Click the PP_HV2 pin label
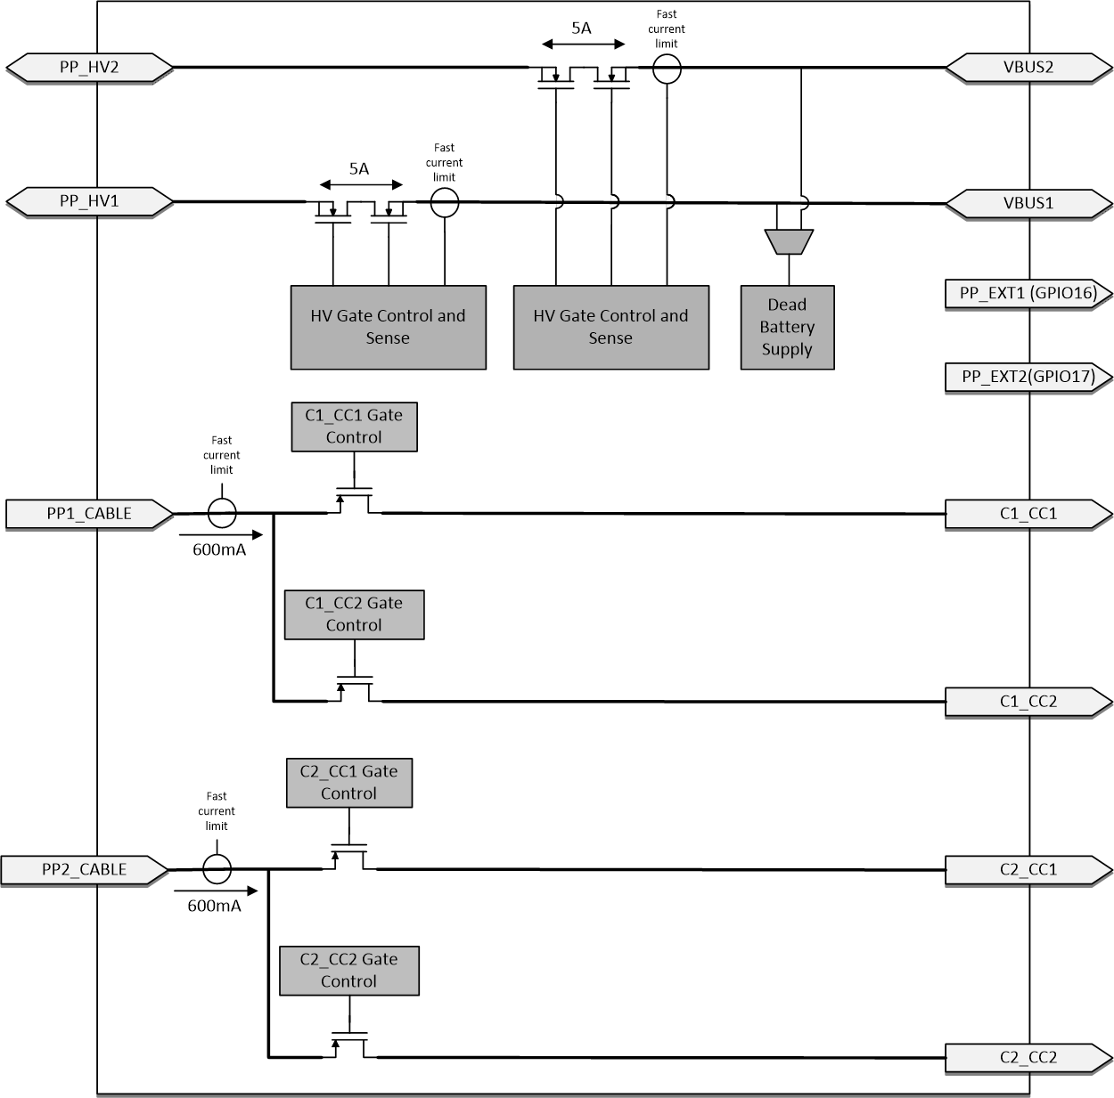pyautogui.click(x=89, y=68)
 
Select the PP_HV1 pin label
pyautogui.click(x=89, y=201)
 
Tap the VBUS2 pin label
pyautogui.click(x=1028, y=68)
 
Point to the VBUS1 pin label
pyautogui.click(x=1028, y=203)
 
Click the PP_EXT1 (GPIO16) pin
pyautogui.click(x=1028, y=293)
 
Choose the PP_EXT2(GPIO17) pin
pyautogui.click(x=1028, y=377)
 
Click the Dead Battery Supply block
pyautogui.click(x=787, y=327)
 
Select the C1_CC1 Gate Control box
pyautogui.click(x=354, y=427)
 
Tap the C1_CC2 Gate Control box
pyautogui.click(x=354, y=614)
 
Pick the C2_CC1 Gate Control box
pyautogui.click(x=348, y=783)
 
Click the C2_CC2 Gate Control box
pyautogui.click(x=348, y=971)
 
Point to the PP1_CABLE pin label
pyautogui.click(x=89, y=514)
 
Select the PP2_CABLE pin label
pyautogui.click(x=84, y=869)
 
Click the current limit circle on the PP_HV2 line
pyautogui.click(x=667, y=69)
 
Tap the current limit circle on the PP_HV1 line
pyautogui.click(x=445, y=203)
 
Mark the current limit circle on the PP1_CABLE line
pyautogui.click(x=222, y=513)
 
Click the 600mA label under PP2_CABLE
pyautogui.click(x=214, y=907)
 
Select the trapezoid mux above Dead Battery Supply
pyautogui.click(x=789, y=241)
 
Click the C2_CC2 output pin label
pyautogui.click(x=1028, y=1057)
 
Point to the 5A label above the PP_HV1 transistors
pyautogui.click(x=359, y=168)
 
